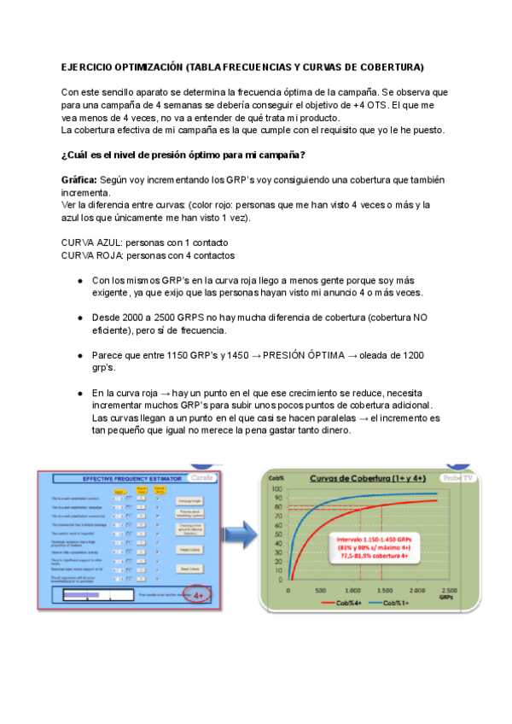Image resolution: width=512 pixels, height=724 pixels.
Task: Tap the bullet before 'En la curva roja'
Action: tap(79, 392)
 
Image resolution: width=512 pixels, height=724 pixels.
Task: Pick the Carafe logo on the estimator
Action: tap(201, 478)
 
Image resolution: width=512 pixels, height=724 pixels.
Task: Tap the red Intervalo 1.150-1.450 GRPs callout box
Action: tap(381, 548)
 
